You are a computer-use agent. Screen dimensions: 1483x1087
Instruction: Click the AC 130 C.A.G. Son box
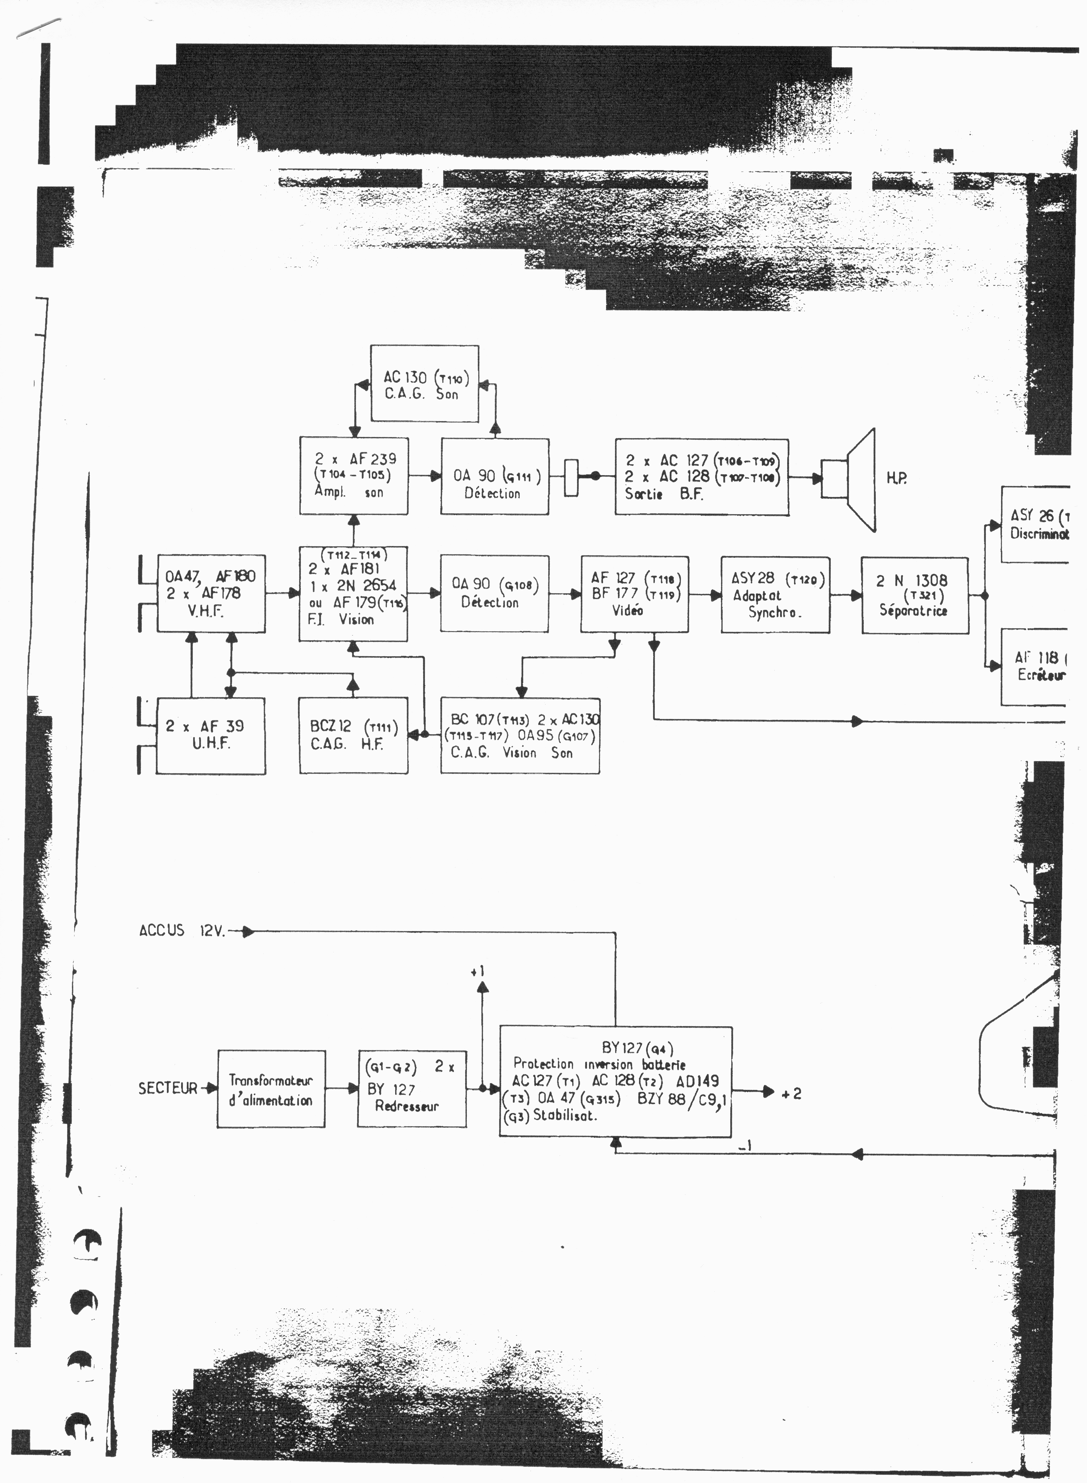click(x=424, y=384)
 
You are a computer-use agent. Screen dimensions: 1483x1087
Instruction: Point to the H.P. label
click(x=896, y=478)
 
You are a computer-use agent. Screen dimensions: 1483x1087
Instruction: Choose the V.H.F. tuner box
click(x=211, y=593)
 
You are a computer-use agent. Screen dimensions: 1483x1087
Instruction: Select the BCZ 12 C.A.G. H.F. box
click(x=353, y=735)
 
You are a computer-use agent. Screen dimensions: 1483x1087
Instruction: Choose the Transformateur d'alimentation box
click(x=271, y=1089)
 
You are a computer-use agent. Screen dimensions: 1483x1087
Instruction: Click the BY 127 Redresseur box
click(x=412, y=1089)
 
